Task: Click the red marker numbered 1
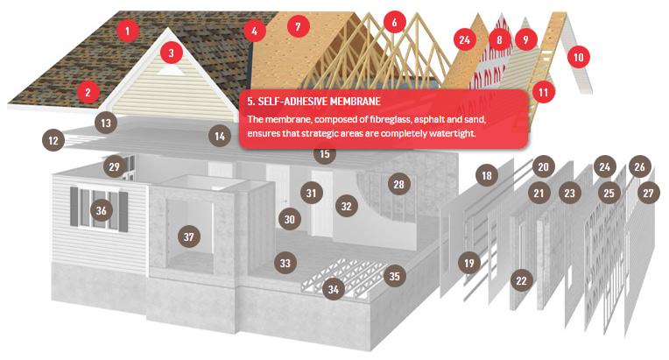[127, 31]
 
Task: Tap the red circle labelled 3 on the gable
[171, 53]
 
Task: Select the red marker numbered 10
[579, 57]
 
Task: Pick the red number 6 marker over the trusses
[394, 22]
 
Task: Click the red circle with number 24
[465, 39]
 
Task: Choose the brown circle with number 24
[604, 166]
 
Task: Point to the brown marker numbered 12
[53, 140]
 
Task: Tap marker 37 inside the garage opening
[188, 236]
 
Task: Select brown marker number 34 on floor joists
[334, 290]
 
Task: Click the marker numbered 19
[468, 263]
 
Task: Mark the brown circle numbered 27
[649, 194]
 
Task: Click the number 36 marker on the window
[101, 210]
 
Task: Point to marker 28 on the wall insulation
[398, 184]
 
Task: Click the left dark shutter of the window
[74, 207]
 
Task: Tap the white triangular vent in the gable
[170, 70]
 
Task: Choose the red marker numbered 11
[543, 92]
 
